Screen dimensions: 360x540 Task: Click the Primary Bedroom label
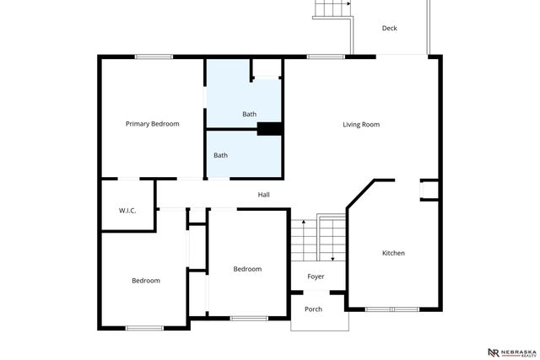pos(152,124)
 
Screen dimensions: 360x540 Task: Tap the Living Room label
pos(360,125)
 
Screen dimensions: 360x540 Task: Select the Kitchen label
pos(393,253)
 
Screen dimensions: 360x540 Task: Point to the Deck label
pos(389,29)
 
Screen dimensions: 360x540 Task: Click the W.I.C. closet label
pos(127,210)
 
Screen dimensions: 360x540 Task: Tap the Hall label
pos(263,195)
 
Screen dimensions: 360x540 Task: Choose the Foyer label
pos(316,277)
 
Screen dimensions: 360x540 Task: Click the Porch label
pos(313,309)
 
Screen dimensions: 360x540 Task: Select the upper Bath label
pos(249,114)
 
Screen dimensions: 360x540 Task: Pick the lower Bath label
pos(220,155)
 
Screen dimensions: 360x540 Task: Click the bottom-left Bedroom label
pos(145,281)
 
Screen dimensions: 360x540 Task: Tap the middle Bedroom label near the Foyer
pos(247,269)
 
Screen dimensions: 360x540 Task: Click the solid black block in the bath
pos(269,129)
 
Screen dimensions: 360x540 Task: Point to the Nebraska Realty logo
pos(507,352)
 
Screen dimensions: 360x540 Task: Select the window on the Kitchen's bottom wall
pos(391,309)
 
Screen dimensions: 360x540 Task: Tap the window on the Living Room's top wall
pos(319,56)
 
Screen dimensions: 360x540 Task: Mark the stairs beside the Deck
pos(332,8)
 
